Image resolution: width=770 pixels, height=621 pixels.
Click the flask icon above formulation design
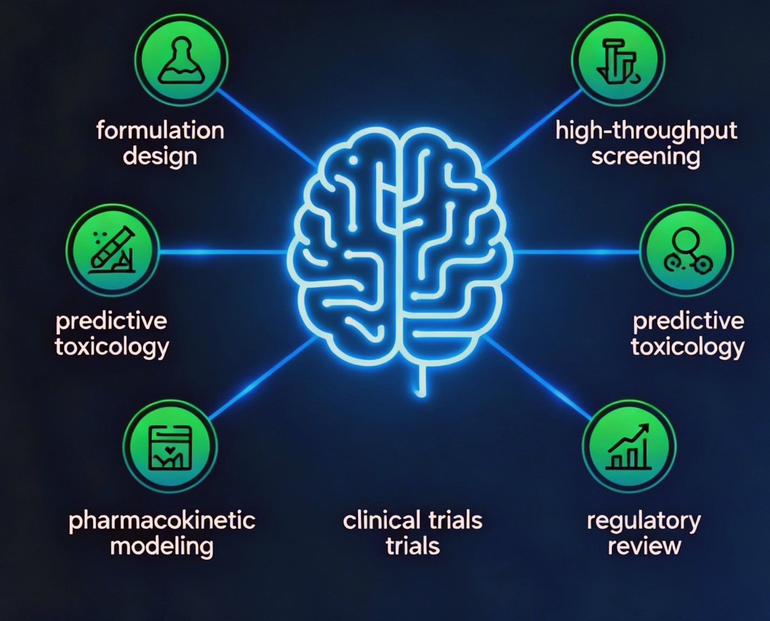(181, 60)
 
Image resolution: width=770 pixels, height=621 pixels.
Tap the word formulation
(160, 131)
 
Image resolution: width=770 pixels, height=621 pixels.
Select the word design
(160, 157)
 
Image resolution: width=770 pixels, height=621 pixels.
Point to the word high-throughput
(646, 131)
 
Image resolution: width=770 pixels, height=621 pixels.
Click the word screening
(646, 157)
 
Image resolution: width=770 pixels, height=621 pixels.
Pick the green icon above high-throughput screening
(618, 60)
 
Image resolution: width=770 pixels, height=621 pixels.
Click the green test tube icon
(113, 251)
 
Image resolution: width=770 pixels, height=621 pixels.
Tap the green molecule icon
(686, 251)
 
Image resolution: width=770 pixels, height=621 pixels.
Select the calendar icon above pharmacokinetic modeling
(170, 447)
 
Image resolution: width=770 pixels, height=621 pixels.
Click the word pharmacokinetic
(162, 521)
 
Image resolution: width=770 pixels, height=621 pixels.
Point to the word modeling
(162, 547)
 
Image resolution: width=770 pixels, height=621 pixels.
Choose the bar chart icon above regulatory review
(629, 447)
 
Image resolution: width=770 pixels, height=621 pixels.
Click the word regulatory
(644, 521)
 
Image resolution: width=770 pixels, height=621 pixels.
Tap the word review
(644, 547)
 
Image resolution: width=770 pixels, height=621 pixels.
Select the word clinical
(381, 521)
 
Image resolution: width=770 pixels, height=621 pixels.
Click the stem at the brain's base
(420, 380)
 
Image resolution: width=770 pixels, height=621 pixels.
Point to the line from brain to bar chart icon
(539, 377)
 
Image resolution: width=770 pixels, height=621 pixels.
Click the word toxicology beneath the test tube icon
(112, 347)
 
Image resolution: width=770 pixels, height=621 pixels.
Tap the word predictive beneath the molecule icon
(688, 321)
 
